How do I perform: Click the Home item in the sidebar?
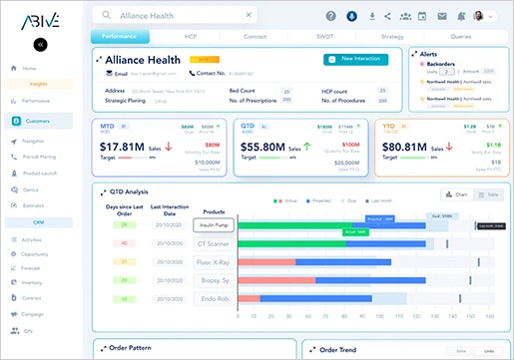click(x=29, y=69)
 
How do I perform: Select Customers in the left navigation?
click(x=37, y=121)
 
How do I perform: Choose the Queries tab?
click(x=461, y=37)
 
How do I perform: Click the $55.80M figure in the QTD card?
click(x=262, y=147)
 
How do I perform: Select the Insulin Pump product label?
click(x=213, y=225)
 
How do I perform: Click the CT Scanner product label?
click(x=213, y=243)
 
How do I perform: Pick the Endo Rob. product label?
click(x=213, y=298)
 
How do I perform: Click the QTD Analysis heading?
click(x=129, y=192)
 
